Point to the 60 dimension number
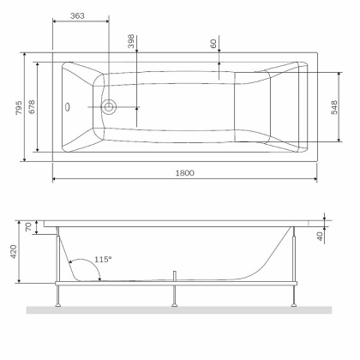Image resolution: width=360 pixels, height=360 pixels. tap(211, 45)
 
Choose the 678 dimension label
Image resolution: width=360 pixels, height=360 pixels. tap(32, 104)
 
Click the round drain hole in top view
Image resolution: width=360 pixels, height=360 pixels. tap(109, 107)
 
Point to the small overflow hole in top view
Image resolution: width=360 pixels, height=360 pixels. tap(69, 108)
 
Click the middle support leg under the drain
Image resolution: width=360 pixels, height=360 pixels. tap(175, 293)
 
